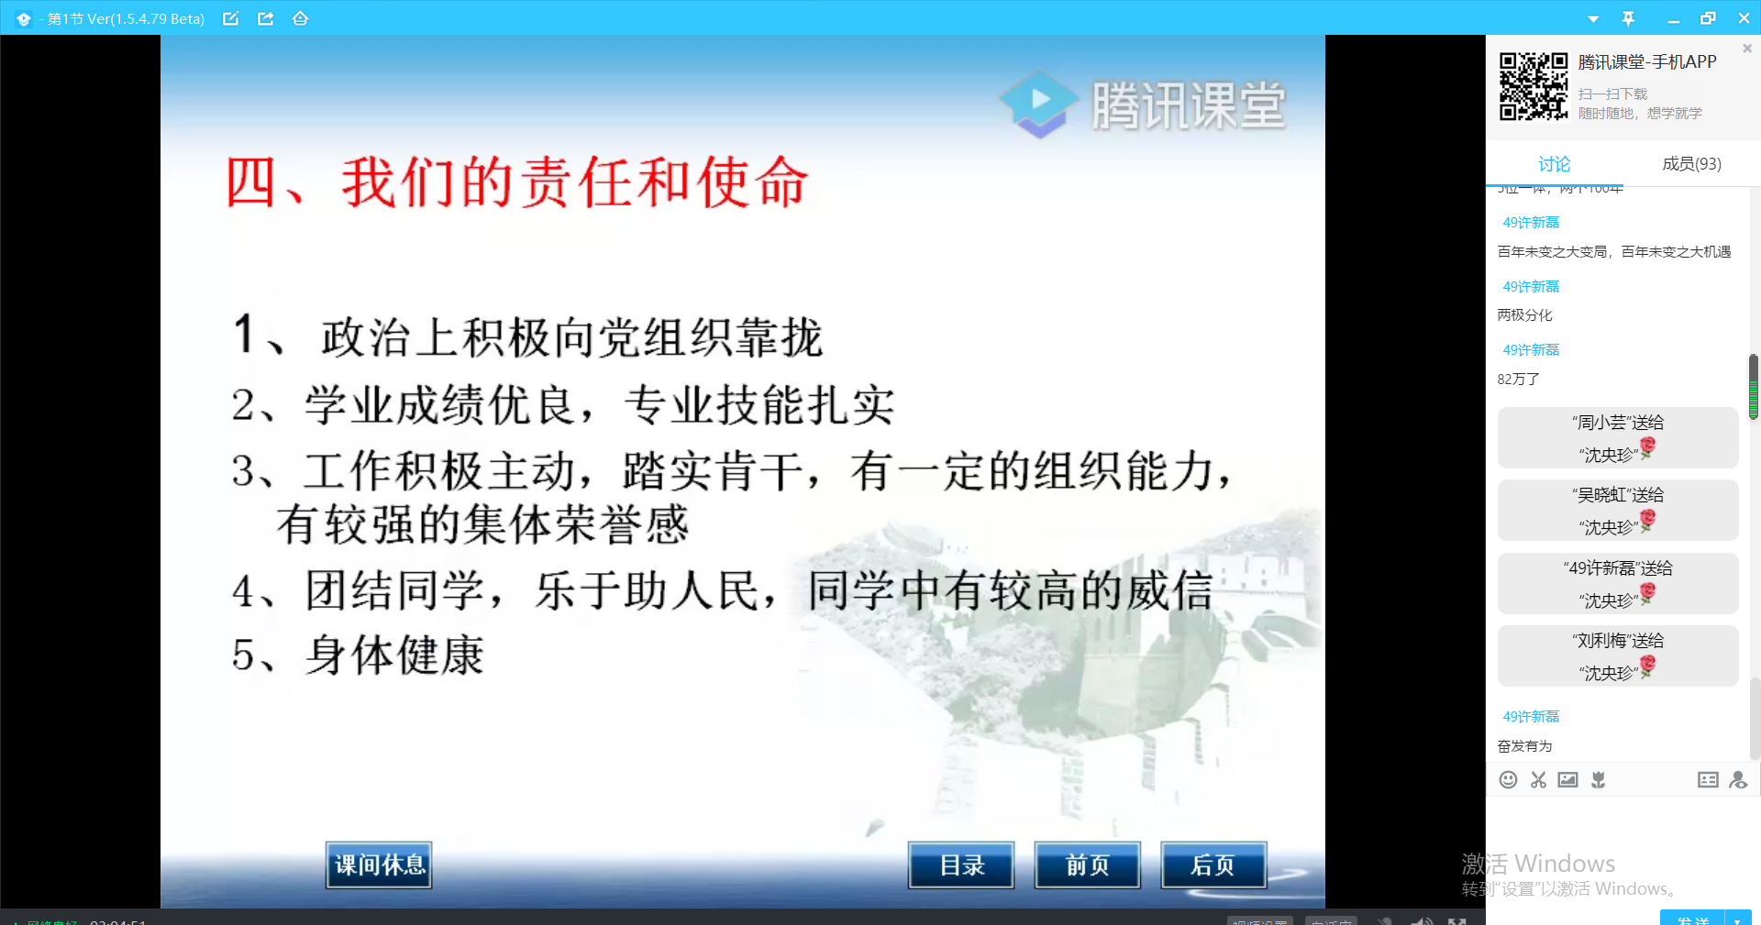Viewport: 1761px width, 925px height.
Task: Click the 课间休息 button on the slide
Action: point(379,864)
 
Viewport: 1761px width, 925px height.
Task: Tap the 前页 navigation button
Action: point(1088,864)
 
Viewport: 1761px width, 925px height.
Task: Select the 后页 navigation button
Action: point(1213,864)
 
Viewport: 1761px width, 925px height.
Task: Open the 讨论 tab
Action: point(1554,164)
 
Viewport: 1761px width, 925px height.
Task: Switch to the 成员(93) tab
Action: point(1691,164)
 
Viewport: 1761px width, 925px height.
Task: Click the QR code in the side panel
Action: point(1534,86)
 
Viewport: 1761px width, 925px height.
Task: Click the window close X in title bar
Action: point(1744,18)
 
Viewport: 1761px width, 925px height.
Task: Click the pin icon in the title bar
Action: point(1628,18)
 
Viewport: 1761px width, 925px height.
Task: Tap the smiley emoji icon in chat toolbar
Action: point(1508,780)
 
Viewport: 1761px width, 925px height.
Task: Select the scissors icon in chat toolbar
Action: point(1538,780)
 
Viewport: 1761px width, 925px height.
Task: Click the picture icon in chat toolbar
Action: point(1568,780)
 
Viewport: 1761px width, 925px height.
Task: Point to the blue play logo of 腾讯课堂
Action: point(1040,103)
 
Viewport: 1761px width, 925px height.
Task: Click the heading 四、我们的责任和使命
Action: point(516,182)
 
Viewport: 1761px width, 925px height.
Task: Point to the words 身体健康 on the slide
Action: point(394,655)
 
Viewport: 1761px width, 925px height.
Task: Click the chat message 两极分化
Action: point(1524,315)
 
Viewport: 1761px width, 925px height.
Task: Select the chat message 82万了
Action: point(1518,380)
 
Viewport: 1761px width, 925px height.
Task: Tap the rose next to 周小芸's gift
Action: point(1648,447)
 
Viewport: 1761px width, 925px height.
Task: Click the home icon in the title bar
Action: point(300,18)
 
